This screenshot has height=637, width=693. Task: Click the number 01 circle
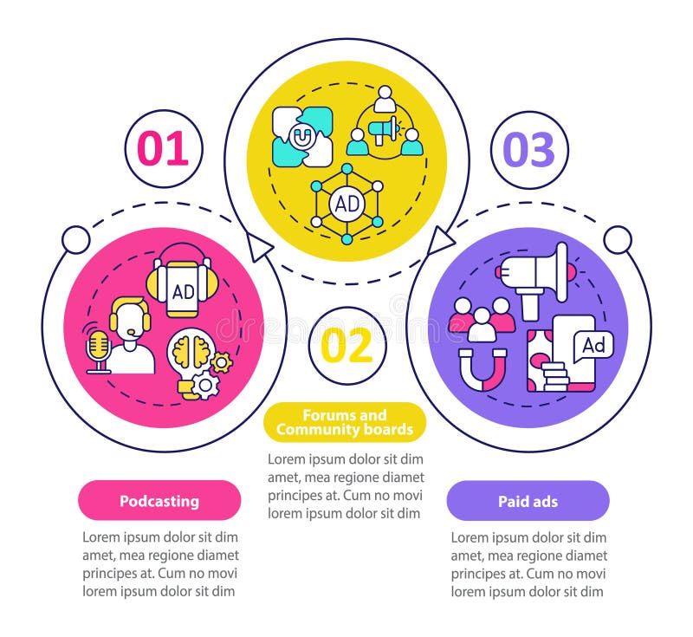pos(163,149)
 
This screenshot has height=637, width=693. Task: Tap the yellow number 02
pos(346,346)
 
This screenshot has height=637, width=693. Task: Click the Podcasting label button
pos(159,501)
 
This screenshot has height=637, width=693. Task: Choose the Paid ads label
pos(528,501)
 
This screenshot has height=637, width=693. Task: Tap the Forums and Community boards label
pos(344,422)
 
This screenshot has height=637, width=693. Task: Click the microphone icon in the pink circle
pos(99,349)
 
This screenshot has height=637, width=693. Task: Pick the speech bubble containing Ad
pos(593,345)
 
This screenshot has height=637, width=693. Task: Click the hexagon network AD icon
pos(346,204)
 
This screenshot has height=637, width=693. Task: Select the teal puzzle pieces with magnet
pos(301,136)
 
